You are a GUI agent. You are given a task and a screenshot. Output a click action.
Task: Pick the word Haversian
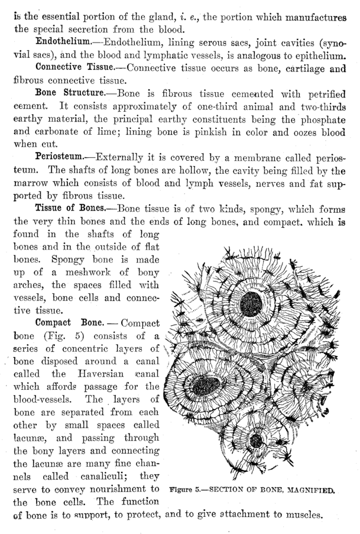click(102, 374)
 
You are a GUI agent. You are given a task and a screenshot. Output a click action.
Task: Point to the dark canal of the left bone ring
click(210, 386)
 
